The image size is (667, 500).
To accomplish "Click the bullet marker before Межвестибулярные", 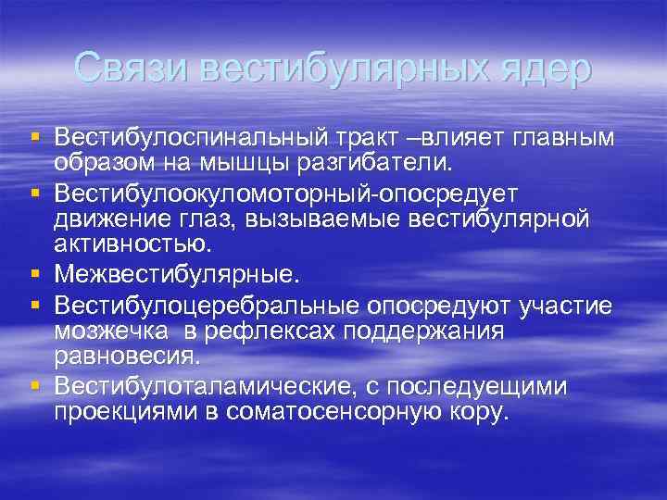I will click(35, 274).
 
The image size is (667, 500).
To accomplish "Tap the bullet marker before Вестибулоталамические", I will click(35, 384).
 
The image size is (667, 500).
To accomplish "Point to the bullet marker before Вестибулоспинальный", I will click(35, 137).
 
